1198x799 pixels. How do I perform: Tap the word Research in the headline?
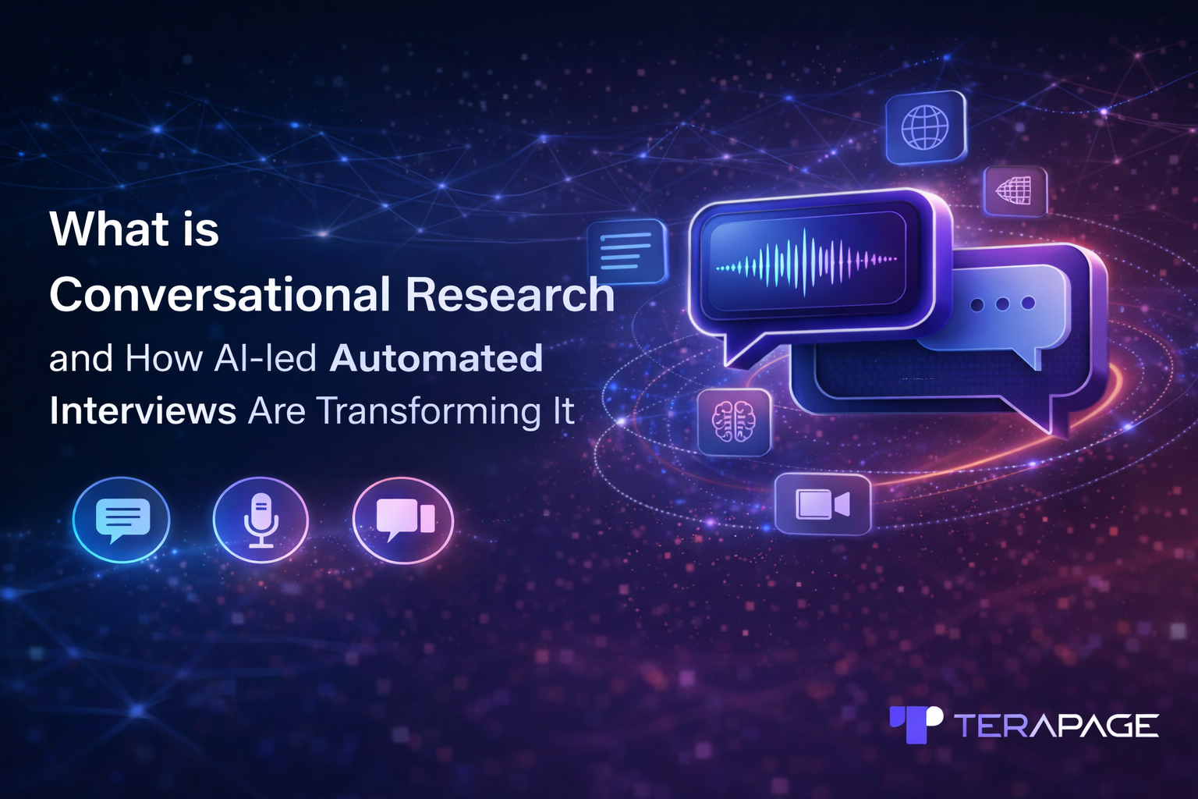click(x=510, y=295)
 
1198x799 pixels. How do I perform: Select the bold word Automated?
click(x=436, y=359)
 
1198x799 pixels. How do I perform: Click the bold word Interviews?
click(x=143, y=411)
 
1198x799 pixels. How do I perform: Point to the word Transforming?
click(x=429, y=411)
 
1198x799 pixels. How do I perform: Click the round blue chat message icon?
click(x=122, y=520)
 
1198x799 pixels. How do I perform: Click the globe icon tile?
click(x=925, y=127)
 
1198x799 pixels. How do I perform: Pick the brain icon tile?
click(x=734, y=422)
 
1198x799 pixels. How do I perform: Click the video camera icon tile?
click(x=822, y=504)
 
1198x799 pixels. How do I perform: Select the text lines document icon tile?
click(x=626, y=251)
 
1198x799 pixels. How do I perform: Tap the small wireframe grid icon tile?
click(x=1015, y=190)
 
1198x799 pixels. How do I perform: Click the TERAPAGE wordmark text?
click(x=1057, y=726)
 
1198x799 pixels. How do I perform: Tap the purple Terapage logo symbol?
click(x=916, y=724)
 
